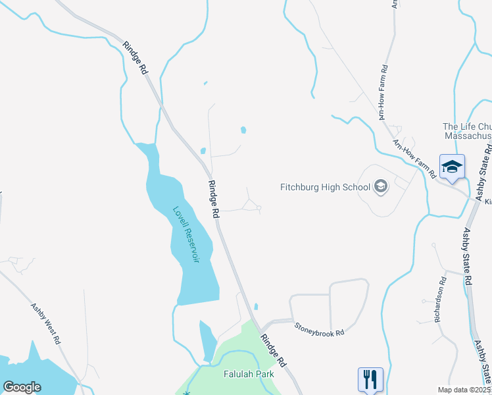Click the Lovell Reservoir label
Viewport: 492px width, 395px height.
185,235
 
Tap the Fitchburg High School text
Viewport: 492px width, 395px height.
325,187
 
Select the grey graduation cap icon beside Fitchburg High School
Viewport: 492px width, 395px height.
380,188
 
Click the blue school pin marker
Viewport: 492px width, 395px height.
452,167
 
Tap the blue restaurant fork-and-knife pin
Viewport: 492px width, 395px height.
370,379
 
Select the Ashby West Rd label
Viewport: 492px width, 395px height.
45,323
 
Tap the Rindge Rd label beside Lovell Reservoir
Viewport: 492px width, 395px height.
212,199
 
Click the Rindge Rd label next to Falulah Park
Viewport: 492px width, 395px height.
273,351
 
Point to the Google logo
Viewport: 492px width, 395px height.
22,387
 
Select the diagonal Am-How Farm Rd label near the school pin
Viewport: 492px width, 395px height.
414,159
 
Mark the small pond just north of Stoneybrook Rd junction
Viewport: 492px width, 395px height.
255,306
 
